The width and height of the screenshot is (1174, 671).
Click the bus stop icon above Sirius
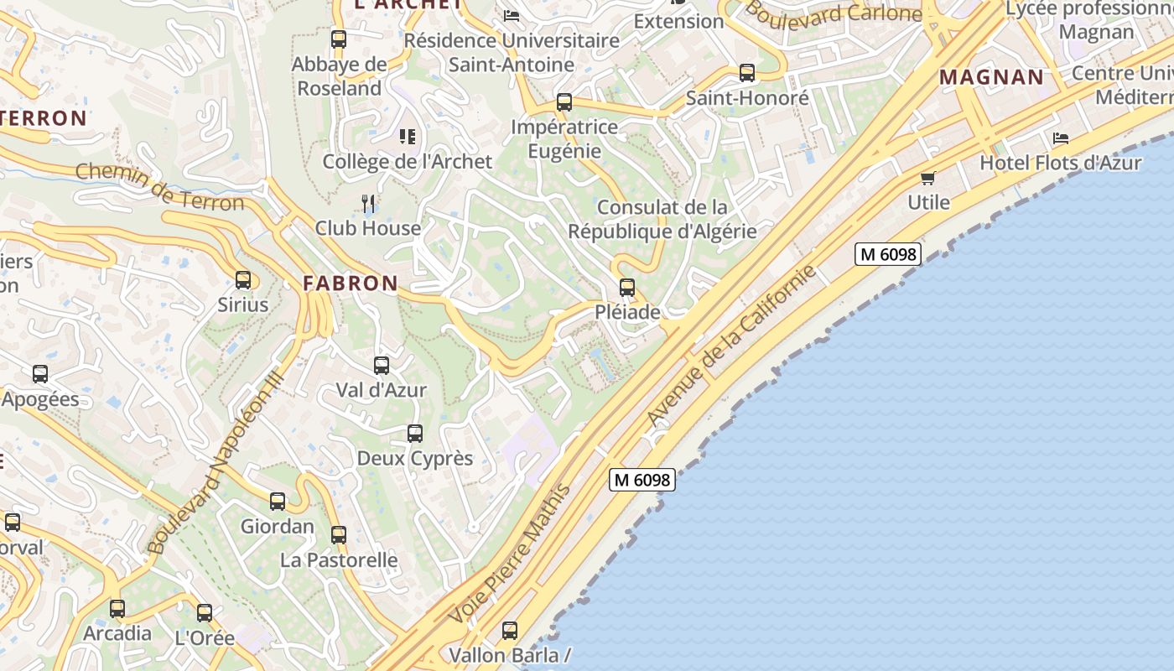click(x=243, y=280)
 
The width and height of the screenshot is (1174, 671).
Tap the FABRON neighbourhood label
click(x=351, y=283)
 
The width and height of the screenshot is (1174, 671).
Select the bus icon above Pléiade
click(x=627, y=288)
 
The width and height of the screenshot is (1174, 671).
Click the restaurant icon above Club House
click(x=367, y=203)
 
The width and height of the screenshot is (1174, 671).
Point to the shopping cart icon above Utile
click(x=928, y=178)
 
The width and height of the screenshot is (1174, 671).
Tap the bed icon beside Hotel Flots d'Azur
click(x=1061, y=138)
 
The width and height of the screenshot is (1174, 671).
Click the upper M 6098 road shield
click(x=888, y=254)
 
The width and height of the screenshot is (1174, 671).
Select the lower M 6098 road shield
click(x=642, y=480)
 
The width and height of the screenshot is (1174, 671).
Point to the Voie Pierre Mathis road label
click(x=511, y=554)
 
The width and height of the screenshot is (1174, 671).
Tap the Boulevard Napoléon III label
click(x=216, y=464)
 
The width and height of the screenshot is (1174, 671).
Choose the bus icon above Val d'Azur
click(x=382, y=366)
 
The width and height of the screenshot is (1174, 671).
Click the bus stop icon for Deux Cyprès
click(x=415, y=434)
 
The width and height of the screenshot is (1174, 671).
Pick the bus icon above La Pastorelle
click(x=339, y=535)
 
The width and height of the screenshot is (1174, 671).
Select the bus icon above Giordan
click(x=278, y=502)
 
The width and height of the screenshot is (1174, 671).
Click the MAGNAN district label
click(x=991, y=78)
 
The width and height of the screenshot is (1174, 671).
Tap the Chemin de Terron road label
click(x=159, y=186)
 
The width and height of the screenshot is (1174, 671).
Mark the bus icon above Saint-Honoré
click(x=747, y=73)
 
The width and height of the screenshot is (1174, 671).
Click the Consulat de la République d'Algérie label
click(x=662, y=219)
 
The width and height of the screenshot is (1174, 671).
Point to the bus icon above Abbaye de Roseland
click(x=339, y=39)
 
